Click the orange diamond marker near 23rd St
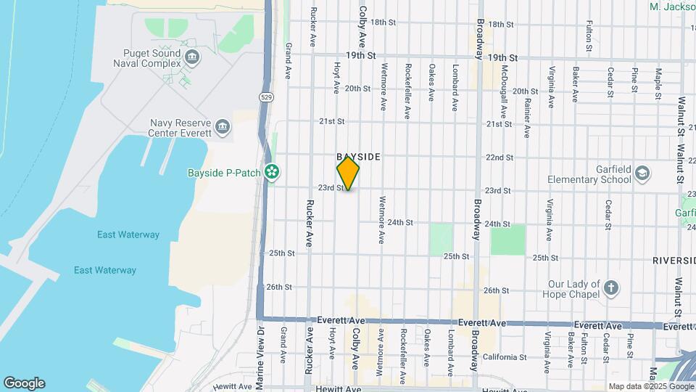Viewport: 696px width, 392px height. click(x=349, y=173)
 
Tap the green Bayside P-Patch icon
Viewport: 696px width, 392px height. click(x=272, y=173)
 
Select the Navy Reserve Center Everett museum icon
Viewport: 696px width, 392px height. click(x=223, y=128)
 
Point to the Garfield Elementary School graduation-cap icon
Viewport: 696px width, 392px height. click(x=642, y=173)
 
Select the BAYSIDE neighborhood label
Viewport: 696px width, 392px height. click(x=358, y=157)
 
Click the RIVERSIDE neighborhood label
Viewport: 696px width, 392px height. click(x=674, y=260)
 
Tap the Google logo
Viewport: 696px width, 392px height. click(x=24, y=383)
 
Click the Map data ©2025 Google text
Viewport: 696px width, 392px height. click(x=651, y=386)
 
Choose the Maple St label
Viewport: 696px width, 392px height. click(x=658, y=83)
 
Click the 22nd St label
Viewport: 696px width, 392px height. click(x=499, y=157)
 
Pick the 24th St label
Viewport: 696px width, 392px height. click(x=399, y=223)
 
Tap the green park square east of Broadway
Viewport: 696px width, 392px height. click(x=507, y=240)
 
